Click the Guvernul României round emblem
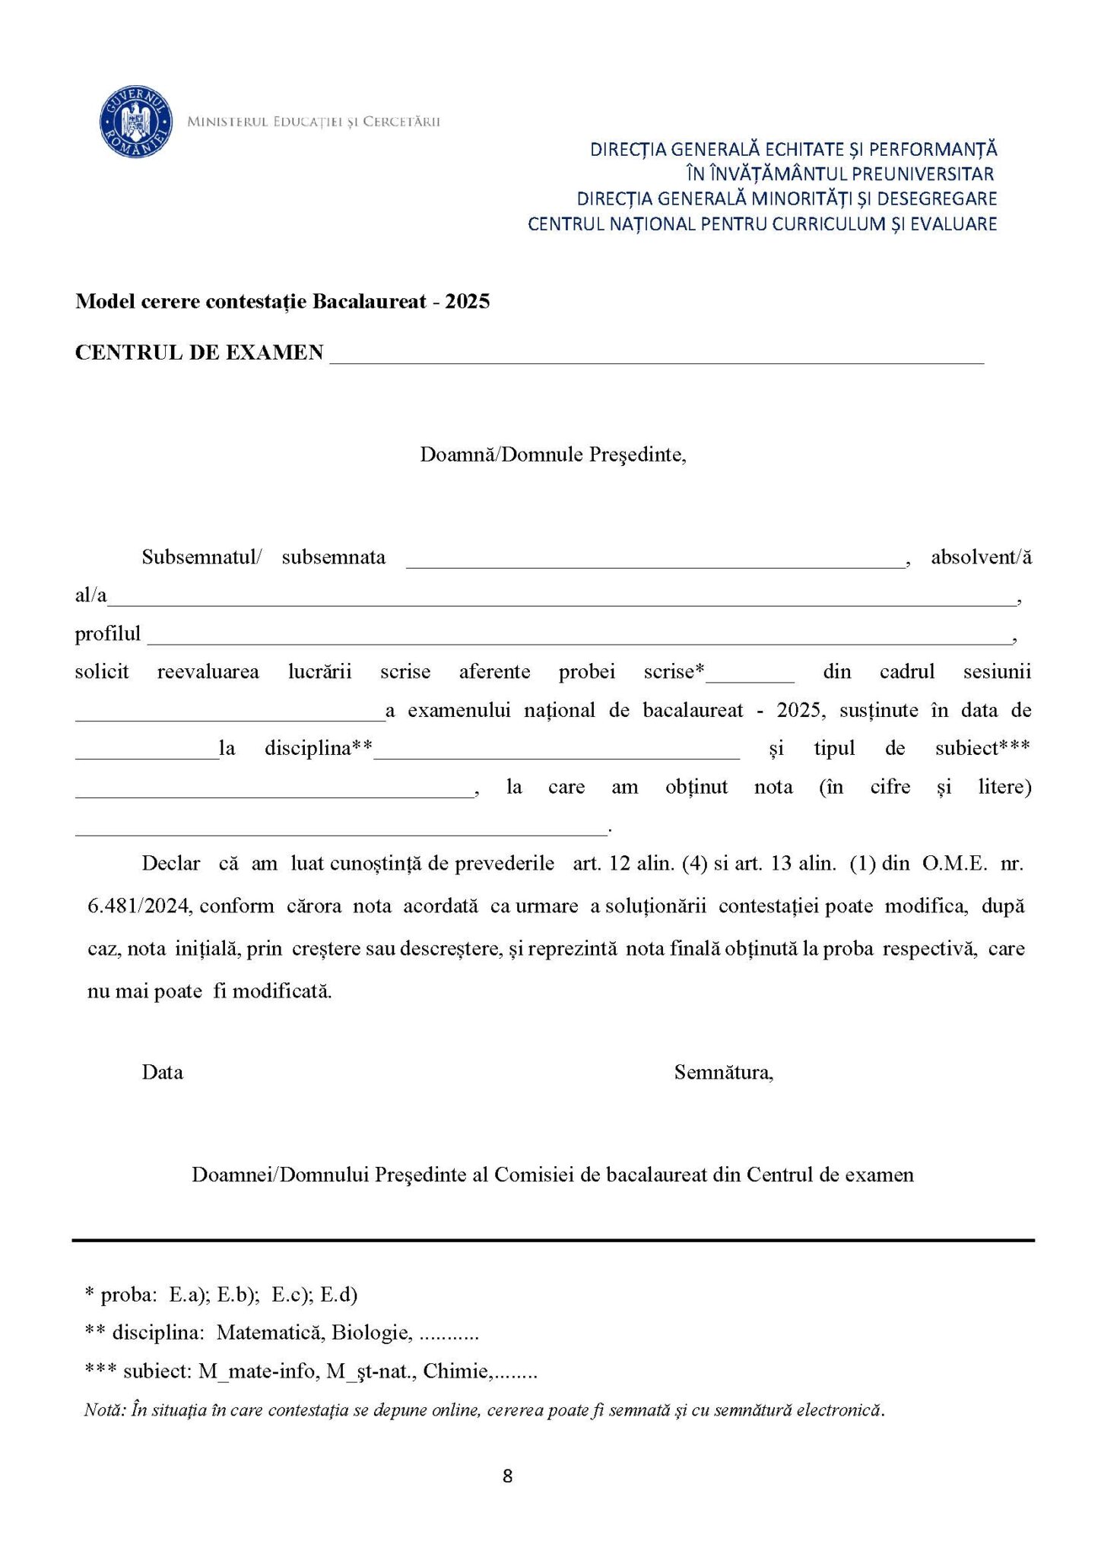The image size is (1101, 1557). (135, 122)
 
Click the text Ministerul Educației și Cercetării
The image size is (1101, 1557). (313, 122)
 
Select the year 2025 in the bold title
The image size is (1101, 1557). (468, 302)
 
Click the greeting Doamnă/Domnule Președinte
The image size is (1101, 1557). (553, 455)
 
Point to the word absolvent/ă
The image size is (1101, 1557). (981, 557)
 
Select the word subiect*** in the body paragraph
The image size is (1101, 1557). (982, 748)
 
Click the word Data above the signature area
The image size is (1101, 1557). (162, 1073)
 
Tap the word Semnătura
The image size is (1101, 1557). (723, 1073)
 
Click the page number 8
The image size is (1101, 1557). (508, 1476)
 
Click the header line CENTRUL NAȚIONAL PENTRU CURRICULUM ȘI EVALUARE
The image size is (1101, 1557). (762, 224)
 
